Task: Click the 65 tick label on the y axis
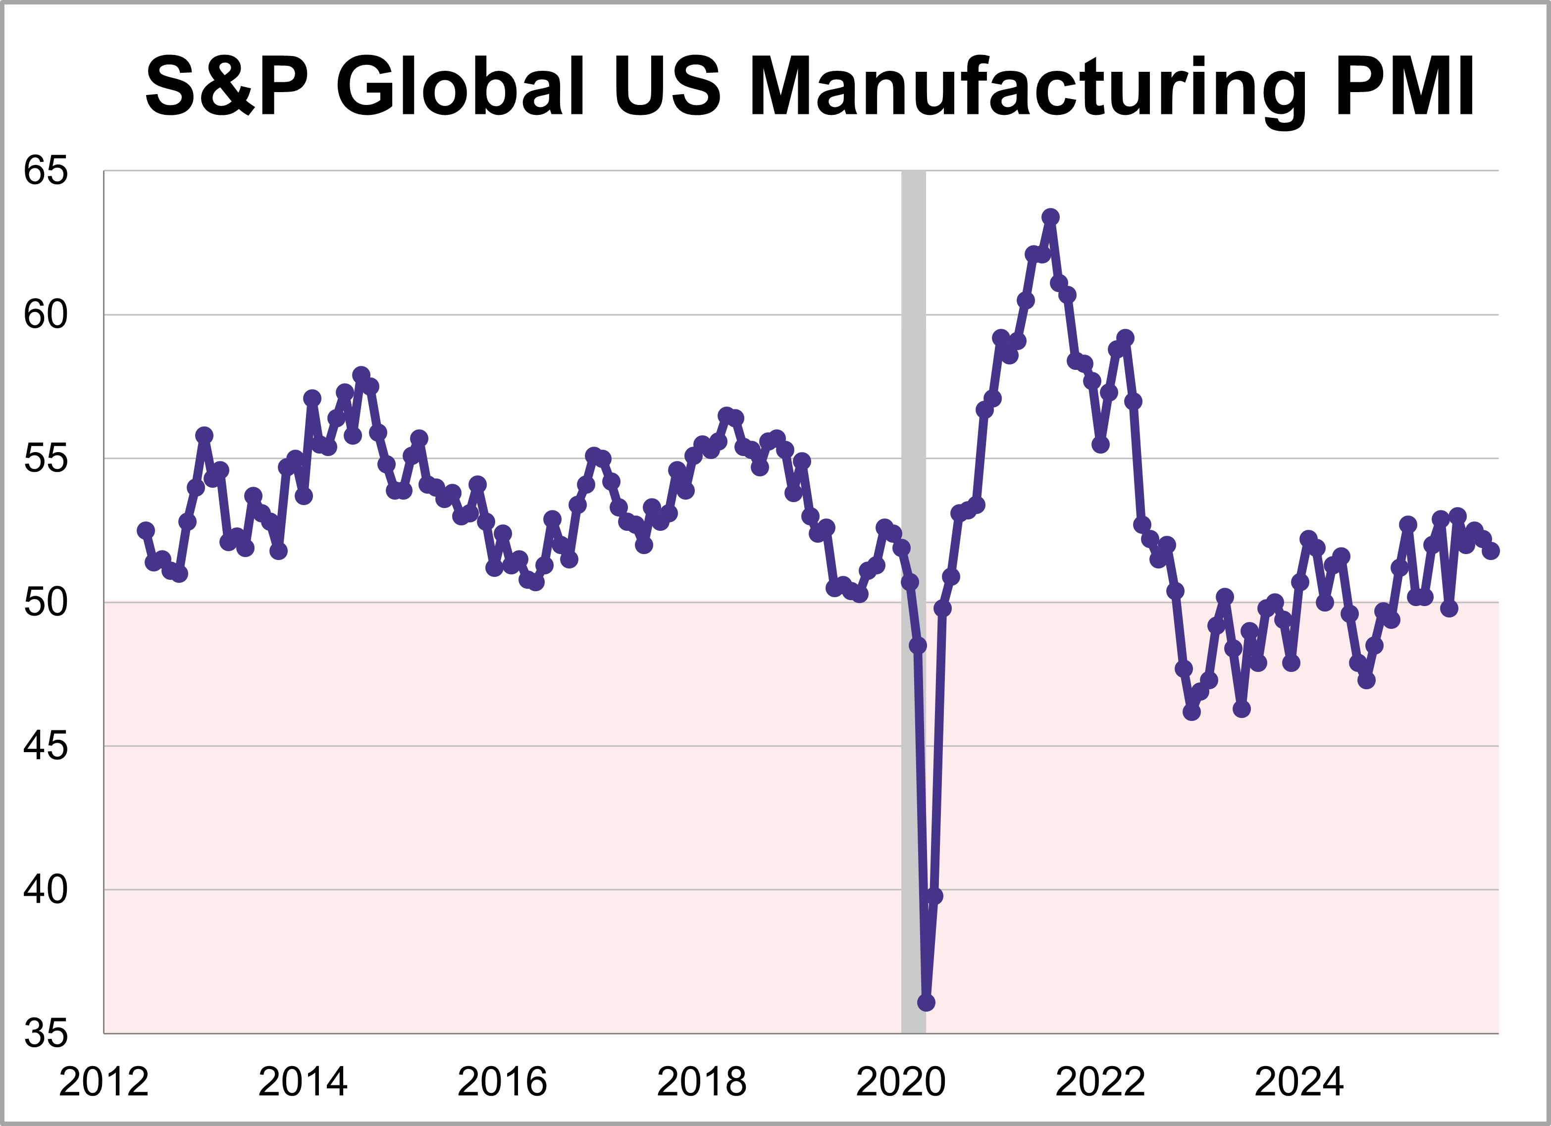click(46, 170)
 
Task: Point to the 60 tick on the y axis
click(46, 315)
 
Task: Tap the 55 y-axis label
click(46, 458)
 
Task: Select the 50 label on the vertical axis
click(46, 602)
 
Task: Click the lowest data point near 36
click(926, 1002)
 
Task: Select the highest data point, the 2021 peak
click(1050, 217)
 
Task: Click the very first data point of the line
click(146, 530)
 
